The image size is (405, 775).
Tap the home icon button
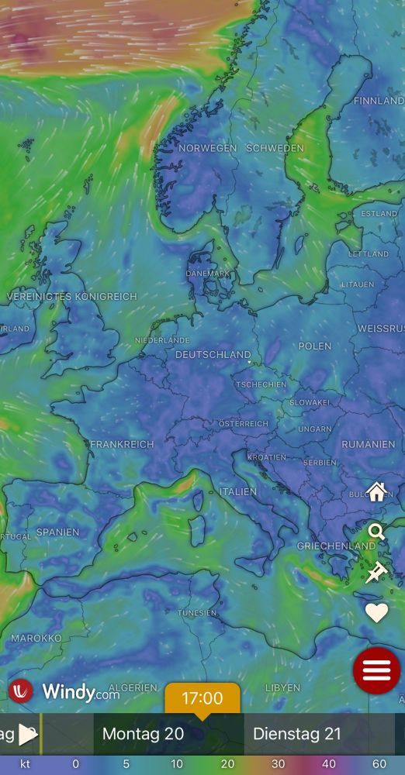(x=377, y=491)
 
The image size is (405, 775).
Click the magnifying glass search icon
(x=377, y=532)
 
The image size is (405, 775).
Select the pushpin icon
(x=377, y=572)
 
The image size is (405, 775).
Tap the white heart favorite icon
(x=377, y=612)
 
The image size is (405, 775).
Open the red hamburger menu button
(x=376, y=670)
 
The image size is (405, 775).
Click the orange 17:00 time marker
(x=202, y=698)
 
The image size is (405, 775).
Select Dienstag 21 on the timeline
(x=297, y=734)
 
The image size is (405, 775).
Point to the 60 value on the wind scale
(x=379, y=764)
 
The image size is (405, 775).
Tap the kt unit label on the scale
(x=26, y=764)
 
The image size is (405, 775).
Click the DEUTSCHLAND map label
(x=213, y=354)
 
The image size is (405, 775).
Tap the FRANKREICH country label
(x=122, y=444)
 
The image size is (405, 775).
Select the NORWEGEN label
(x=207, y=148)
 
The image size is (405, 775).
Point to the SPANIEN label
(x=57, y=532)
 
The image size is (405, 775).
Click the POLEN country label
(x=314, y=346)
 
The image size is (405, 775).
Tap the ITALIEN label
(x=237, y=491)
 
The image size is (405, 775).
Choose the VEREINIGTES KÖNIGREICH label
(x=71, y=297)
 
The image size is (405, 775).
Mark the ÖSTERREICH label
(x=243, y=424)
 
